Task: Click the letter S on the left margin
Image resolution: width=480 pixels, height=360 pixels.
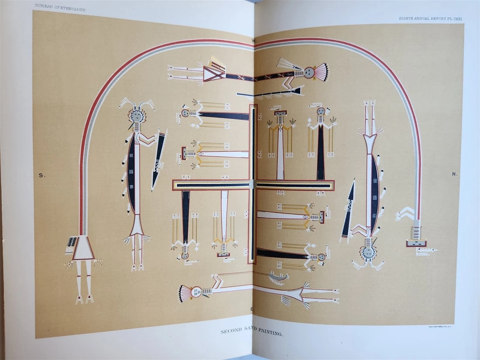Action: coord(42,175)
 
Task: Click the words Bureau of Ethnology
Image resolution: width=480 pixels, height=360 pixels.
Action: coord(60,8)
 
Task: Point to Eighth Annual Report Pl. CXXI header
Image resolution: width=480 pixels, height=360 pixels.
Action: coord(431,19)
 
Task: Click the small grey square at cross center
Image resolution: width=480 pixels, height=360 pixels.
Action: coord(252,184)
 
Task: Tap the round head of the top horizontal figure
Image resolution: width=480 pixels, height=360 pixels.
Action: coord(310,72)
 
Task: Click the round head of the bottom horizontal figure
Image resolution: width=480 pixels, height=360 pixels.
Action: coord(196,291)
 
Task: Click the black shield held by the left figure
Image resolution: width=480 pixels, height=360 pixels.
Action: coord(158,160)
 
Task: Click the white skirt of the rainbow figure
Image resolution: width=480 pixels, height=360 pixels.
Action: coord(83,249)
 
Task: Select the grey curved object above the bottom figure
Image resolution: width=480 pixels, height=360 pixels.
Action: coord(278,277)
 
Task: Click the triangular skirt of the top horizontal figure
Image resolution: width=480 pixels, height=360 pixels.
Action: coord(214,73)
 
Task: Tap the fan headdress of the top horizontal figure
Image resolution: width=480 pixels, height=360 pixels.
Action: coord(321,72)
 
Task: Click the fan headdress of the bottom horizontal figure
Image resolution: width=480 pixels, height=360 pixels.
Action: coord(185,293)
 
